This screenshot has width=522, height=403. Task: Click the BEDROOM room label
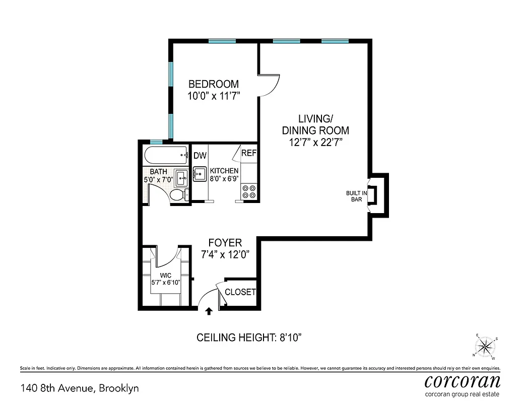coord(213,84)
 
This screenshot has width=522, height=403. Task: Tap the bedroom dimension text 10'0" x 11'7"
coord(213,96)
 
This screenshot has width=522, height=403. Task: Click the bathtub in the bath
coord(164,156)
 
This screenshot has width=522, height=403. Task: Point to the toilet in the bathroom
coord(178,194)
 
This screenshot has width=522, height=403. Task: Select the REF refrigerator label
coord(249,153)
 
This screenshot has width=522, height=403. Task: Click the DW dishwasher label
coord(200,156)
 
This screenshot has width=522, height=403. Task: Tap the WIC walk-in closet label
coord(166,275)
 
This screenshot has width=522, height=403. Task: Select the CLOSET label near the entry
coord(240,292)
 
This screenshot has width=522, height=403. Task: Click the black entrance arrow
coord(209,312)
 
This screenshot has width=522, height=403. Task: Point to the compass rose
coord(485,346)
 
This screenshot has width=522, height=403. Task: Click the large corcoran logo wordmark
coord(463,380)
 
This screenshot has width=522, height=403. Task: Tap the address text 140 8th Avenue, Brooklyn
coord(80,388)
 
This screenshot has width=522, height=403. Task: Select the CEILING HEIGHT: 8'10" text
coord(248,338)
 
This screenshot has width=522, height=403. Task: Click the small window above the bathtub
coord(156,142)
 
